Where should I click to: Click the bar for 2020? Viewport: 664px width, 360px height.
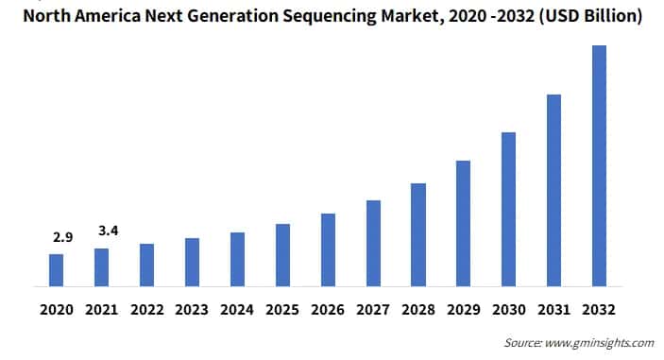[56, 269]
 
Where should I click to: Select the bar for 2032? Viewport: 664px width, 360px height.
[599, 165]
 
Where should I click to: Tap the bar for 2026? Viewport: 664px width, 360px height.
[328, 249]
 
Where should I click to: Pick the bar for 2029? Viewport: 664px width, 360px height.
[464, 223]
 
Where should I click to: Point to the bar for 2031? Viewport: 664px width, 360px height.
[553, 190]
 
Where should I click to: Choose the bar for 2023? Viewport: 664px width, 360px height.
[192, 262]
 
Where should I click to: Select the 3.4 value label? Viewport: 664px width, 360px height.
[107, 229]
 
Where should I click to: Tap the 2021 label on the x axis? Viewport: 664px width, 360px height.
[101, 308]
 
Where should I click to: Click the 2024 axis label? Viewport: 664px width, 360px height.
[237, 308]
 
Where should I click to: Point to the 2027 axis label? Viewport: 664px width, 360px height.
[373, 308]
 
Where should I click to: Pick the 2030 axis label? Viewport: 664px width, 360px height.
[509, 308]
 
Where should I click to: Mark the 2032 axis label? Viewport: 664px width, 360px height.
[600, 308]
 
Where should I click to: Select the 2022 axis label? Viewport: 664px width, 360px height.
[146, 308]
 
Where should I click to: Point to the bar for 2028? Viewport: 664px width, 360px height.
[418, 234]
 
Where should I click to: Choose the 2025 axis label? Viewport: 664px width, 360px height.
[282, 308]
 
